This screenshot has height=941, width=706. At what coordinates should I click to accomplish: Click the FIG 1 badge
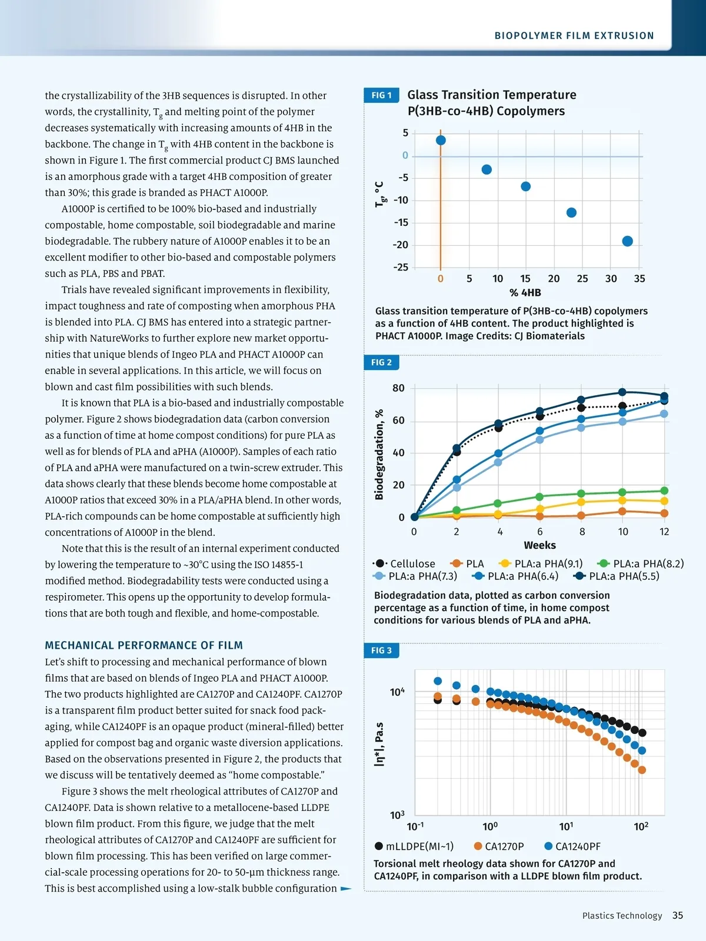tap(381, 95)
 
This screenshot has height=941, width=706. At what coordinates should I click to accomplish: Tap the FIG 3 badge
tap(381, 650)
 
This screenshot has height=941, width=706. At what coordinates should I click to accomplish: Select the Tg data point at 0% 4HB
tap(441, 140)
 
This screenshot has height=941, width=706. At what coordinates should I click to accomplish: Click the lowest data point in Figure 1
tap(627, 241)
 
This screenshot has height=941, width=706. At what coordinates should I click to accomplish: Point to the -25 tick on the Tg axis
tap(401, 267)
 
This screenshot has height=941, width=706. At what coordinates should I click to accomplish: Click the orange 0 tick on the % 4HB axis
tap(440, 279)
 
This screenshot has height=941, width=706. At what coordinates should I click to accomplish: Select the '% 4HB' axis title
tap(525, 293)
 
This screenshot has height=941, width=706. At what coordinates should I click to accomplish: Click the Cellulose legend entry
tap(406, 564)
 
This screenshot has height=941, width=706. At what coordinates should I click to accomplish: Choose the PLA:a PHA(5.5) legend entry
tap(617, 576)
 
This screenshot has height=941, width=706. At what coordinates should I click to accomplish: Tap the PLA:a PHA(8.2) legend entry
tap(641, 564)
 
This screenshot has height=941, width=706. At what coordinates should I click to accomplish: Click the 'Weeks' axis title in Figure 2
tap(540, 545)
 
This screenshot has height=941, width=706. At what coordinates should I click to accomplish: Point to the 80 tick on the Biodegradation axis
tap(398, 388)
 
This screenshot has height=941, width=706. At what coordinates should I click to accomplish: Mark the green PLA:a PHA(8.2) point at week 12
tap(664, 490)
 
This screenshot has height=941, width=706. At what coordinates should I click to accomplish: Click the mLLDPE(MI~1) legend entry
tap(414, 846)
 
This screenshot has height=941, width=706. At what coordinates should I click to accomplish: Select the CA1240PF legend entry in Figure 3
tap(572, 846)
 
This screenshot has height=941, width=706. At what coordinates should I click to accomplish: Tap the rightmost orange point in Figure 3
tap(642, 770)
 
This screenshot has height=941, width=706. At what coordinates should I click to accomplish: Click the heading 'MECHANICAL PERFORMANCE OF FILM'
tap(144, 645)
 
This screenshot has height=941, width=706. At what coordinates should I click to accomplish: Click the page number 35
tap(678, 915)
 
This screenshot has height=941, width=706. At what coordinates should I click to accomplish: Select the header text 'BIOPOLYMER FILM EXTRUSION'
tap(574, 36)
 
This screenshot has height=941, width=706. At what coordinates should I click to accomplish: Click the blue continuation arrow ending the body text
tap(347, 889)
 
